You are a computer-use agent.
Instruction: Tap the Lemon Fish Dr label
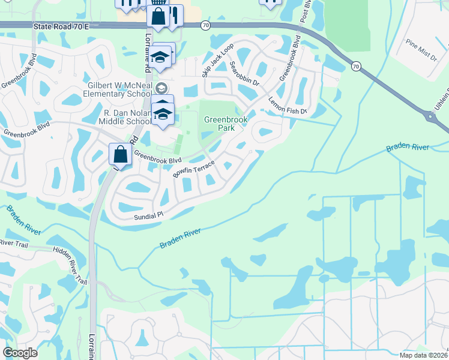pyautogui.click(x=288, y=106)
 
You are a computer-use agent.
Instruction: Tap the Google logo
pyautogui.click(x=20, y=353)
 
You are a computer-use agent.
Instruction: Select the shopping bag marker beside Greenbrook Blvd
pyautogui.click(x=120, y=154)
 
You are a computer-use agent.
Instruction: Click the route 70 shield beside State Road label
pyautogui.click(x=206, y=25)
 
